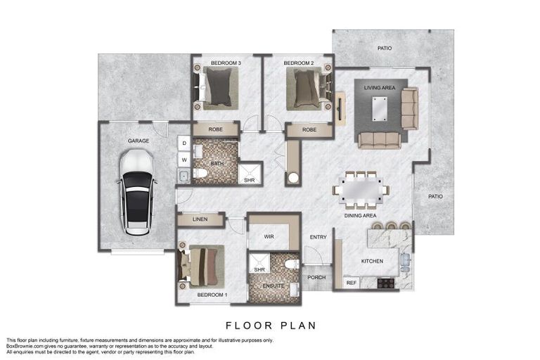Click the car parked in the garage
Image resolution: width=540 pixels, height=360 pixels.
pos(137,192)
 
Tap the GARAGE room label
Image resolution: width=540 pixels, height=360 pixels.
pos(139,141)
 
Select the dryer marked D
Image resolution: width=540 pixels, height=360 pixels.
pos(184,143)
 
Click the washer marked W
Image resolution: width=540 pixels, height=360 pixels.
pos(184,160)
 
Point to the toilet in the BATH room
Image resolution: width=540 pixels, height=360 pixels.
pos(200,172)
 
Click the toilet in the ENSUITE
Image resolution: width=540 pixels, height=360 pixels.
pos(292,264)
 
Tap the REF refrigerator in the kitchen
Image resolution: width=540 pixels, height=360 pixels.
pos(352,283)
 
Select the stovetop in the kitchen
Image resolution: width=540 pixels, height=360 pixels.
pos(386,283)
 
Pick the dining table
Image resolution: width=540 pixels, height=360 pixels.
pos(361,190)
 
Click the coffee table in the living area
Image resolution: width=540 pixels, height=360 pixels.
pos(380,109)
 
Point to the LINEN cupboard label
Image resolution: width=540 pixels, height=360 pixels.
pos(200,219)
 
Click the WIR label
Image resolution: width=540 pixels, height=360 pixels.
pos(269,237)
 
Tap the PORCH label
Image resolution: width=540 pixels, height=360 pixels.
pos(316,277)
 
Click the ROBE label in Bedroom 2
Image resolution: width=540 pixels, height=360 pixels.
pos(309,130)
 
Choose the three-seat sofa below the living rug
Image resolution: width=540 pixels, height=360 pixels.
pos(379,140)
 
